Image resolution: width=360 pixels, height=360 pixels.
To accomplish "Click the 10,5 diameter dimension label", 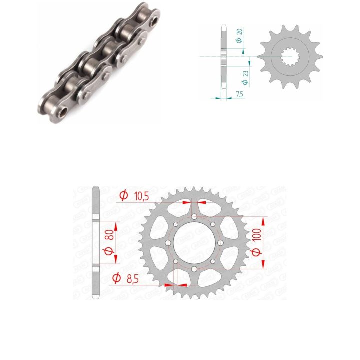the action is tap(142, 196).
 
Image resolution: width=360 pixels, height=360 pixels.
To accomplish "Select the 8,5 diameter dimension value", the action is tap(133, 279).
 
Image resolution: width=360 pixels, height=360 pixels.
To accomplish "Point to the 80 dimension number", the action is tap(111, 234).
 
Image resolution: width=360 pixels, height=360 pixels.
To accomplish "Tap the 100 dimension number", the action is tap(257, 234).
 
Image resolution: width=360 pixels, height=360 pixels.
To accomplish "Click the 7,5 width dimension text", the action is tap(239, 94).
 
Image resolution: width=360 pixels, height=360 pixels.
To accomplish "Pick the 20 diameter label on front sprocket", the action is tap(239, 31).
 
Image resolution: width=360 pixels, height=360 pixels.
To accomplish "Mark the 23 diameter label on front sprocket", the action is tap(245, 73).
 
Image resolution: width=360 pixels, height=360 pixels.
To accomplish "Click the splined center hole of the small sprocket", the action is tap(290, 56).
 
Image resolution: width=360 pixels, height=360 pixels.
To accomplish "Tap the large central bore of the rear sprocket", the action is tap(194, 243).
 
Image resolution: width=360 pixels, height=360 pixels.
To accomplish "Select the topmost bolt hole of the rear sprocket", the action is tap(194, 216).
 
